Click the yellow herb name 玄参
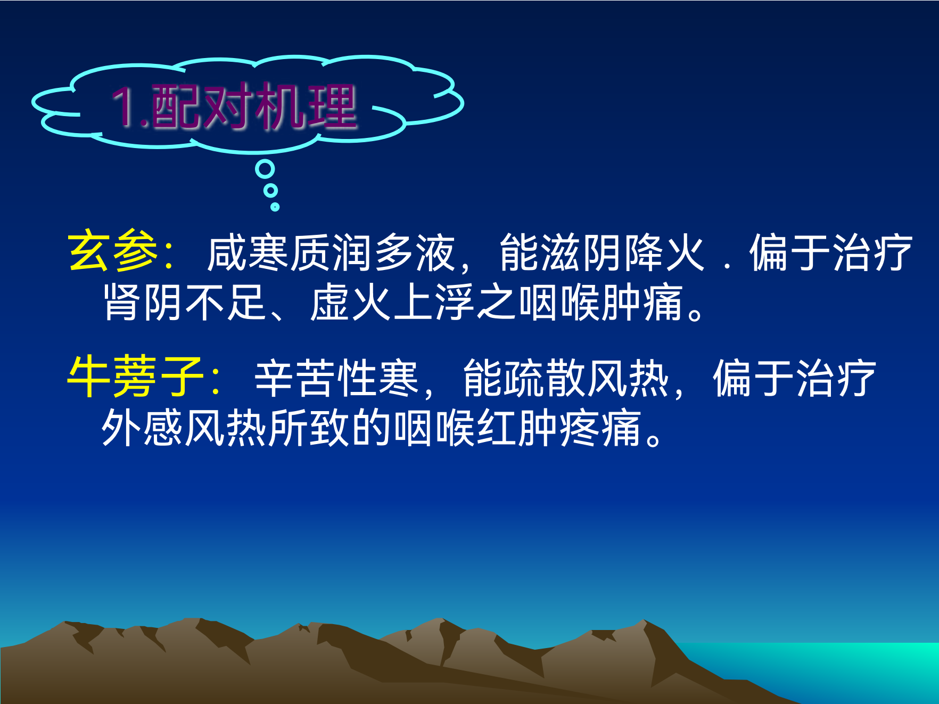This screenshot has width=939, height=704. (113, 251)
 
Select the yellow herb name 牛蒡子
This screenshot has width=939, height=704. (136, 377)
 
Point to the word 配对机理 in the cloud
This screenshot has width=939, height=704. (254, 107)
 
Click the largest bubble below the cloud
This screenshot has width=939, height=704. (265, 169)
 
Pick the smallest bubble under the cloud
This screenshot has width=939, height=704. (275, 207)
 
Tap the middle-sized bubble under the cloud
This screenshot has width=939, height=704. (271, 190)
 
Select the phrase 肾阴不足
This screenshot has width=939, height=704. (185, 302)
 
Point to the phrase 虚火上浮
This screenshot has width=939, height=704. (392, 302)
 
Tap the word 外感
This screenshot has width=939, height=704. (143, 428)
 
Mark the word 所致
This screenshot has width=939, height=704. (309, 428)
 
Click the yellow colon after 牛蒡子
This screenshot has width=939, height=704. (216, 379)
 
